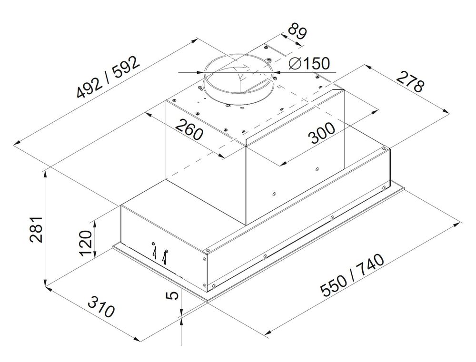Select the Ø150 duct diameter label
pyautogui.click(x=309, y=63)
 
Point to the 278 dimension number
pyautogui.click(x=410, y=82)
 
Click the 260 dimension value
pyautogui.click(x=188, y=129)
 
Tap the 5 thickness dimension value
pyautogui.click(x=174, y=295)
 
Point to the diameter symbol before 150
pyautogui.click(x=294, y=63)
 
